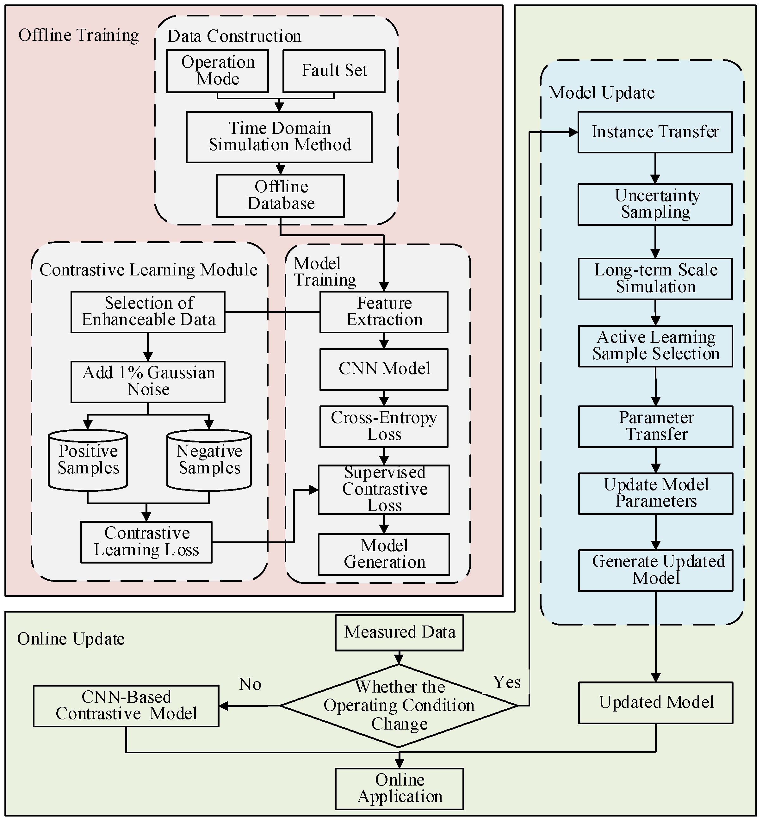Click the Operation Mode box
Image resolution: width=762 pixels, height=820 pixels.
pos(217,71)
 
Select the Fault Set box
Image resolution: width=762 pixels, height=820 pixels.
pos(334,71)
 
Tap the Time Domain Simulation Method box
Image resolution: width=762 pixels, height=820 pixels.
pos(279,137)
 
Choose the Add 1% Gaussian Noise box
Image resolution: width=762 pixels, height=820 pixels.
pos(148,381)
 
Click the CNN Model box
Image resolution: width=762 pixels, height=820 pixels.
pos(384,369)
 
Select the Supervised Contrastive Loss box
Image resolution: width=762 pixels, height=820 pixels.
pos(384,489)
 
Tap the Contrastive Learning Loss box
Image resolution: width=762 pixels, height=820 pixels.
pos(146,542)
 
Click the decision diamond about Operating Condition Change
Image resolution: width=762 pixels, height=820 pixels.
pos(399,706)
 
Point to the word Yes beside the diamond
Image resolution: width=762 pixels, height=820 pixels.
pos(507,682)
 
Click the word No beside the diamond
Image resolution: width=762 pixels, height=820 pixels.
pos(250,684)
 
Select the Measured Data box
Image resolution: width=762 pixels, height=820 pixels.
pos(399,632)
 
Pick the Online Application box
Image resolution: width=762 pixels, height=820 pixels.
pos(399,788)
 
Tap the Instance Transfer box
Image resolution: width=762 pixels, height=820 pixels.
pos(655,132)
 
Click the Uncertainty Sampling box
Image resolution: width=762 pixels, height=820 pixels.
pos(655,204)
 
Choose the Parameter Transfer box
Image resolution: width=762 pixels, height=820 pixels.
pos(656,426)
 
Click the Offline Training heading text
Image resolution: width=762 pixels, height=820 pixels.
pos(78,35)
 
